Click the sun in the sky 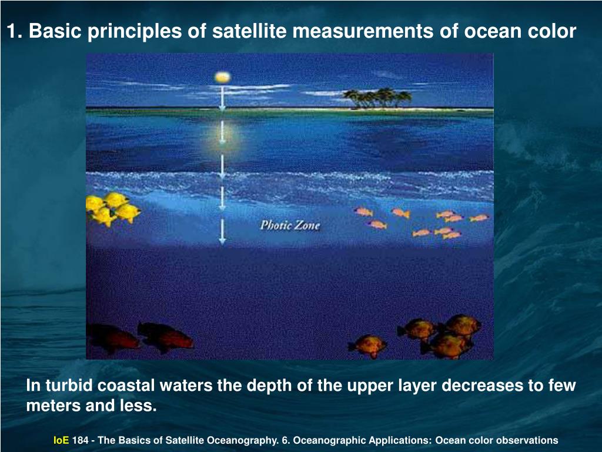(x=222, y=77)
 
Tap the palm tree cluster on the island (x=377, y=98)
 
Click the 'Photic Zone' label (x=290, y=225)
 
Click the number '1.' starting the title (x=15, y=32)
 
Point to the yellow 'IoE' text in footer (x=61, y=440)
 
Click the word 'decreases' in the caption (x=481, y=386)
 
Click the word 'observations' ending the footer (x=527, y=440)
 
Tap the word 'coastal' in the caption (x=125, y=386)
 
